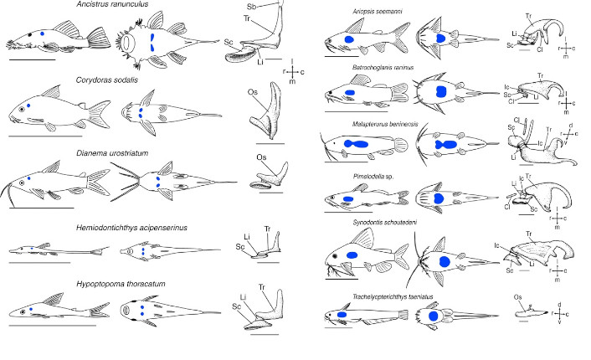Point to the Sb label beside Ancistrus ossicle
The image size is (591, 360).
[x=253, y=7]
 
